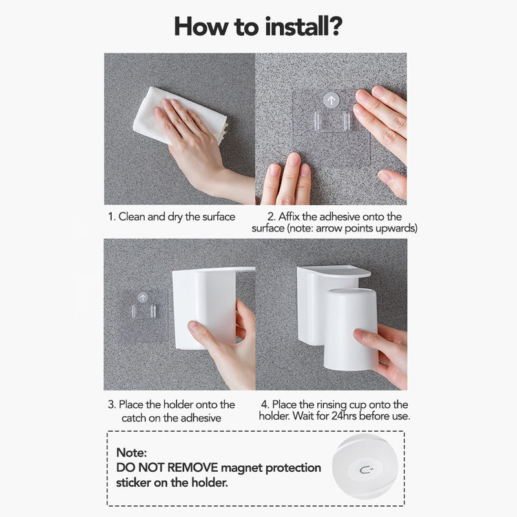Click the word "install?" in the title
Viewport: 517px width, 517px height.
point(304,26)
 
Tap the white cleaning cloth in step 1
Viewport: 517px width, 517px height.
point(180,116)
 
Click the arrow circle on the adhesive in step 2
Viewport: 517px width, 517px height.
point(331,100)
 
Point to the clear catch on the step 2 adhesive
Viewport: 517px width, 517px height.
point(332,121)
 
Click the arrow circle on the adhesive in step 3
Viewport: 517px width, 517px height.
point(143,298)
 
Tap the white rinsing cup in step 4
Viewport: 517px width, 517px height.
point(350,329)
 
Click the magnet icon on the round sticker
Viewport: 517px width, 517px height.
point(365,470)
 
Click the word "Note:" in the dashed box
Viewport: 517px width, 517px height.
point(132,452)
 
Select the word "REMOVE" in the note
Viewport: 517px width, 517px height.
point(193,467)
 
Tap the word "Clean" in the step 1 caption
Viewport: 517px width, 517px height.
point(132,216)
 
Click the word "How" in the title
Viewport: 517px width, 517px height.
point(200,26)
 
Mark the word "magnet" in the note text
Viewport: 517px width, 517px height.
point(241,468)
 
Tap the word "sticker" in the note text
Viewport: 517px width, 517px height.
point(134,483)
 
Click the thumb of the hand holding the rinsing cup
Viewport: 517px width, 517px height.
point(366,338)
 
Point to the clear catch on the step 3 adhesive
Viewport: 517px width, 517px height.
point(143,311)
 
